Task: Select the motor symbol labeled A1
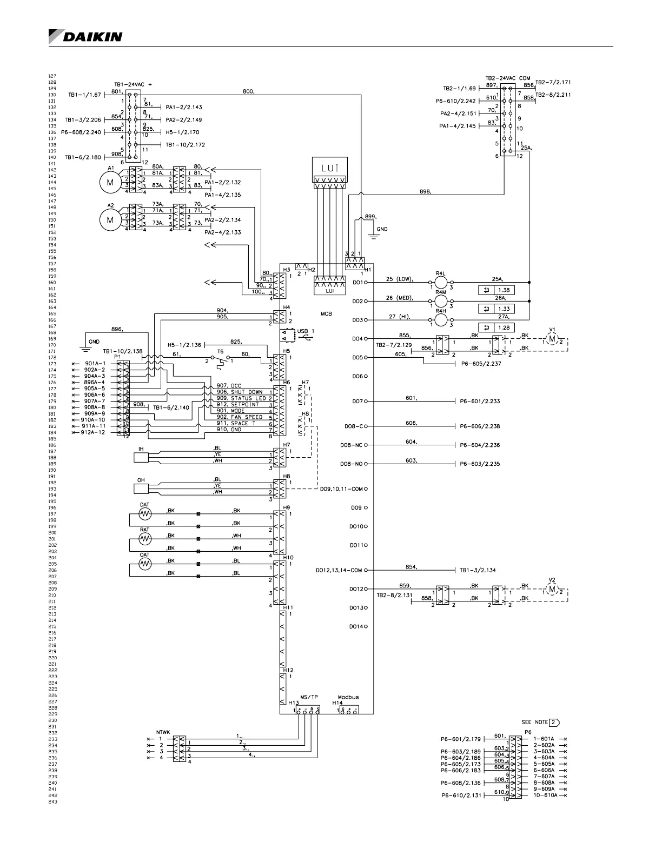click(x=110, y=183)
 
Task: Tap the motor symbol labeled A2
click(x=110, y=219)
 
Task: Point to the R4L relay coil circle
click(x=441, y=282)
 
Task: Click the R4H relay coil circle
click(x=441, y=320)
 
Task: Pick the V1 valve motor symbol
click(x=552, y=339)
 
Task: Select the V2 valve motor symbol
click(x=552, y=589)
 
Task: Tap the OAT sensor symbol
click(x=145, y=564)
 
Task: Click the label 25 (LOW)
click(x=399, y=279)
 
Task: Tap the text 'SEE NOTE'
click(x=534, y=722)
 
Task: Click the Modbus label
click(x=348, y=697)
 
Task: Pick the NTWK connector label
click(x=163, y=732)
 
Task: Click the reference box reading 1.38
click(x=503, y=290)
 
